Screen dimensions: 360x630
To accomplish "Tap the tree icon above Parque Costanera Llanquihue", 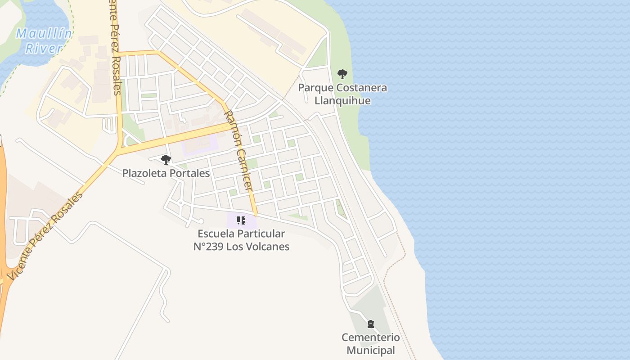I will (342, 74).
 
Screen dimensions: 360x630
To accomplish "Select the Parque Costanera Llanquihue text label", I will (342, 94).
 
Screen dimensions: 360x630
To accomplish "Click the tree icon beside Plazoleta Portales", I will (166, 159).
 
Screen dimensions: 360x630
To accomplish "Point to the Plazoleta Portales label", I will (166, 173).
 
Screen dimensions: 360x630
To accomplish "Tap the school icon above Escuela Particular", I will (241, 220).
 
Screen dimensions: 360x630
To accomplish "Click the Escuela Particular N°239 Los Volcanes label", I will (241, 240).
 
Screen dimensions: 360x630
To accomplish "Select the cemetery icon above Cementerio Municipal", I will (370, 324).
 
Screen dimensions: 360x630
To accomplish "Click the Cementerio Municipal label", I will (370, 344).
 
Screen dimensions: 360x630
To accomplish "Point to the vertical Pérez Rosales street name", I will (115, 47).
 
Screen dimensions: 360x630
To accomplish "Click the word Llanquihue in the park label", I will (342, 100).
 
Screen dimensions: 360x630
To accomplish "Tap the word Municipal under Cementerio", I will (371, 350).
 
